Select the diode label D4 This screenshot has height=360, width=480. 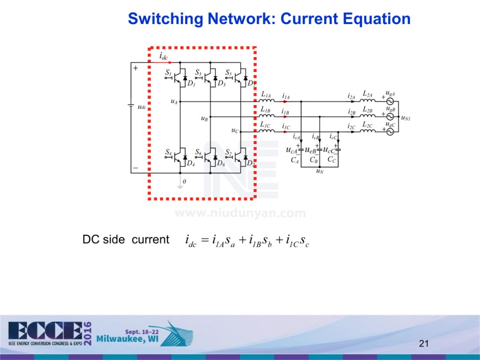[x=191, y=163]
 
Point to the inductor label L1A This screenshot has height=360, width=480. [x=266, y=94]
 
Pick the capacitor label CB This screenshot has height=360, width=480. [x=313, y=160]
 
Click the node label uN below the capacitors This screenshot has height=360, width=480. [x=320, y=171]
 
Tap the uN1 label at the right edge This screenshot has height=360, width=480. [x=406, y=118]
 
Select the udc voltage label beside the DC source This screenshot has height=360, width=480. [x=142, y=107]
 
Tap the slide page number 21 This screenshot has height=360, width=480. [x=424, y=343]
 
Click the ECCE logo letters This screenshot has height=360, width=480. [x=44, y=331]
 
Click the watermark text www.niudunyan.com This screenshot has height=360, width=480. [x=240, y=213]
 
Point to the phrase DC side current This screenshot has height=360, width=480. [x=126, y=240]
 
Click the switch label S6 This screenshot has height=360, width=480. [x=198, y=152]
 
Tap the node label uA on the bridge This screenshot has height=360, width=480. [x=174, y=102]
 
